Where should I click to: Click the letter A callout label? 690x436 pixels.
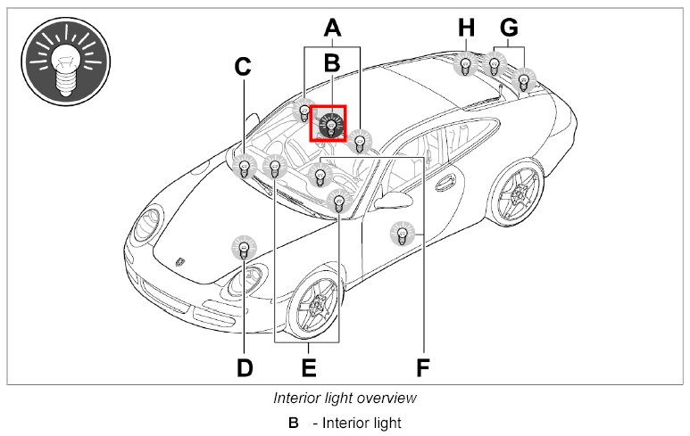(332, 28)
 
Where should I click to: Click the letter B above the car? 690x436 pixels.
(332, 62)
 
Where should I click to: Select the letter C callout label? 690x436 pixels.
(243, 67)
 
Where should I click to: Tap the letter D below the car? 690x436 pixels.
(245, 366)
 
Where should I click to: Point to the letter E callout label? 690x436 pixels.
(308, 366)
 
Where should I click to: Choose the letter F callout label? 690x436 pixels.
(423, 366)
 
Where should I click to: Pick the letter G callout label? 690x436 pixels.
(509, 28)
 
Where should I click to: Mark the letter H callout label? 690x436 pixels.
(466, 28)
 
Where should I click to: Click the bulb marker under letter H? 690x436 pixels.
(465, 65)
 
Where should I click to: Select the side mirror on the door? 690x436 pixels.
(389, 200)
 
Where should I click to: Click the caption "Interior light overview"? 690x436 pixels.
(345, 398)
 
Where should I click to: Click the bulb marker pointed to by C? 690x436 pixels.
(244, 165)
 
